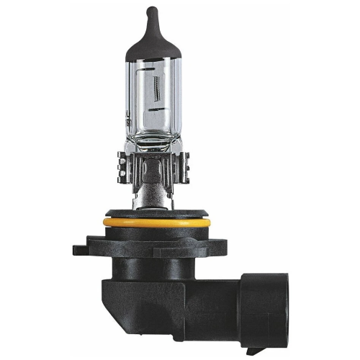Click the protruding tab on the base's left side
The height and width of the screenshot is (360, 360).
pos(80,251)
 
